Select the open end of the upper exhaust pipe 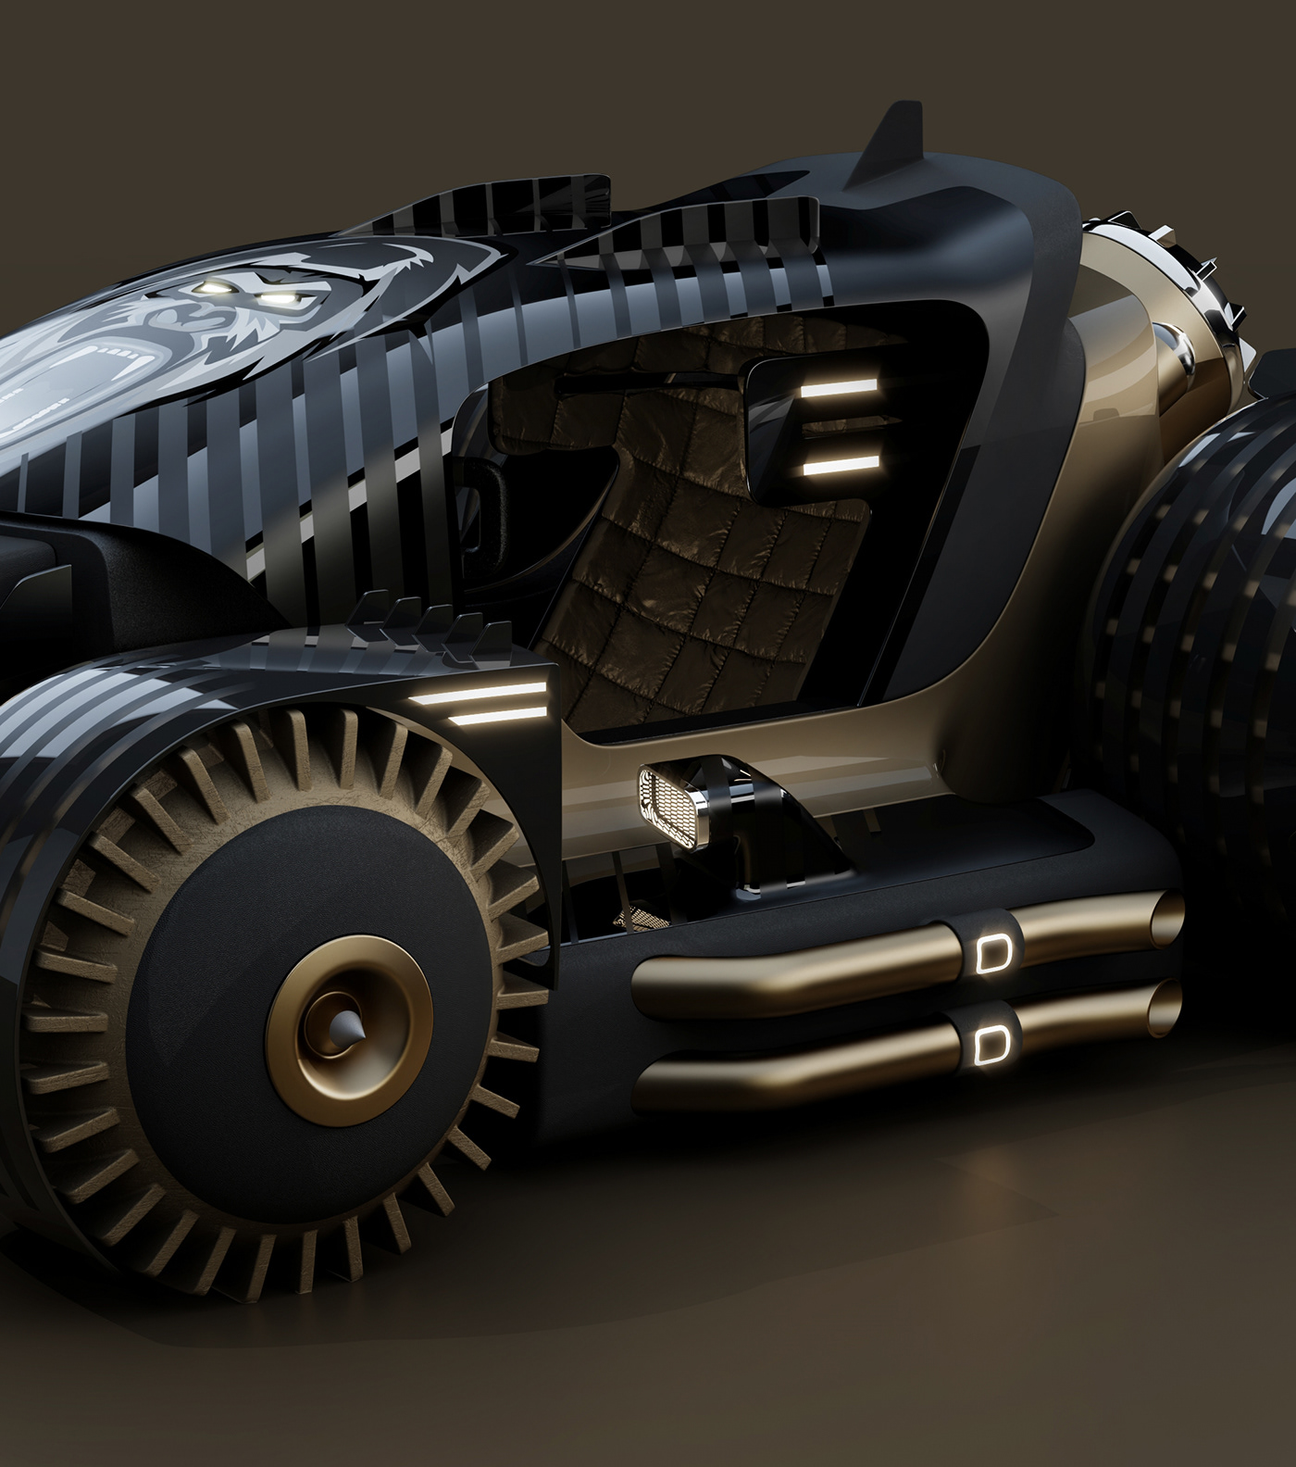click(x=1170, y=926)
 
